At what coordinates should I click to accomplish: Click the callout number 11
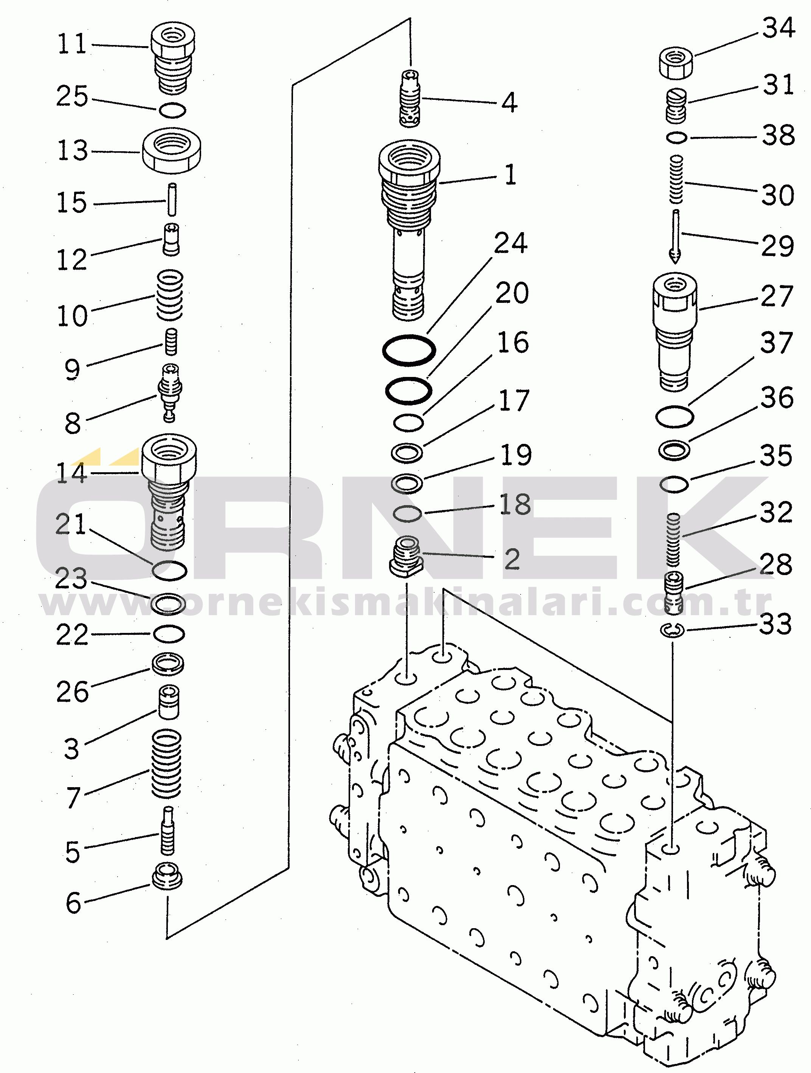72,44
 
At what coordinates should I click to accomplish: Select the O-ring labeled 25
172,110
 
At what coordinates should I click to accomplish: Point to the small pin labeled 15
172,199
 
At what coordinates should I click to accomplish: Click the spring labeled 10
170,295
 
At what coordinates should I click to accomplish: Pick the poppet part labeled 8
170,392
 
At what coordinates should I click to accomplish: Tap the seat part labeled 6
167,876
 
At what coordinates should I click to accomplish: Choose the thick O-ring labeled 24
409,349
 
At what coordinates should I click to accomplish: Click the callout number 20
512,293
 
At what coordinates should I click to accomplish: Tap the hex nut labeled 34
676,63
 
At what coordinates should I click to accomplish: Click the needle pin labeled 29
675,237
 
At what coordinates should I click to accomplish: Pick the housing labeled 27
675,332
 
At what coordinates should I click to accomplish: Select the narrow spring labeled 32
673,540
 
